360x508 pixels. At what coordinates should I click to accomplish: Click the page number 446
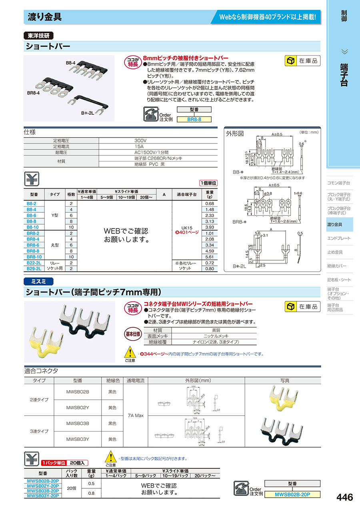345,497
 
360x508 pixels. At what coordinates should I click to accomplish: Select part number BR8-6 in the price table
33,245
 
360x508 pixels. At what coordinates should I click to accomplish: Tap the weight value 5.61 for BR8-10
209,257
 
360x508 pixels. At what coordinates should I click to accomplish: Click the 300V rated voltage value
140,141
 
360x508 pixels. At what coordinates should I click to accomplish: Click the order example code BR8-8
194,119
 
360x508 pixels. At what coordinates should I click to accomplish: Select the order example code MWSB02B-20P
292,494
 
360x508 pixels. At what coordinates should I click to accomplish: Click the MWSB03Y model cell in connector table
78,439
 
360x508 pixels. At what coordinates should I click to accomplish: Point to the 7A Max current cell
136,416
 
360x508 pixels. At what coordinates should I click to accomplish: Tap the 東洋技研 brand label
39,36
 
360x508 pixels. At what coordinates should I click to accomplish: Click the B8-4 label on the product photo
71,63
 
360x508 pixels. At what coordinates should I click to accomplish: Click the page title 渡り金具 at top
44,17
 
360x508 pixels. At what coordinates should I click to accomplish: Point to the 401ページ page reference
188,232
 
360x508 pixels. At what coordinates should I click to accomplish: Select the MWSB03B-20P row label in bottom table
43,490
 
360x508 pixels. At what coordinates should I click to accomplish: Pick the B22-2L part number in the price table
34,263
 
